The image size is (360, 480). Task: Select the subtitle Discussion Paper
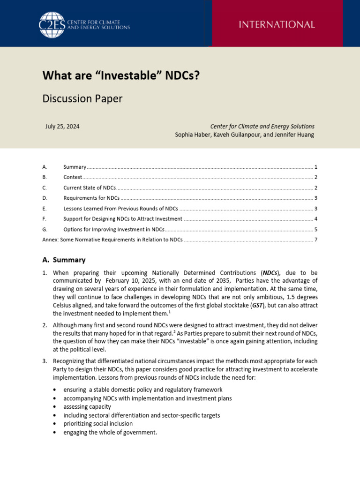point(82,98)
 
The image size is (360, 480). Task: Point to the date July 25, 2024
point(62,126)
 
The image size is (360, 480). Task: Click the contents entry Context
point(73,177)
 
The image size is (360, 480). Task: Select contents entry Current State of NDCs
point(90,187)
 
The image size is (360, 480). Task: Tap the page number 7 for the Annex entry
point(316,240)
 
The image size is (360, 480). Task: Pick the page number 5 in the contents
point(316,229)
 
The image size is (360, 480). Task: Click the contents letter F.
point(44,219)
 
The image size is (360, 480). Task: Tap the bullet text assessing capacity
point(87,407)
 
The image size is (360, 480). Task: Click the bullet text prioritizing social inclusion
point(98,424)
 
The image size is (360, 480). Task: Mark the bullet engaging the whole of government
point(110,432)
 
